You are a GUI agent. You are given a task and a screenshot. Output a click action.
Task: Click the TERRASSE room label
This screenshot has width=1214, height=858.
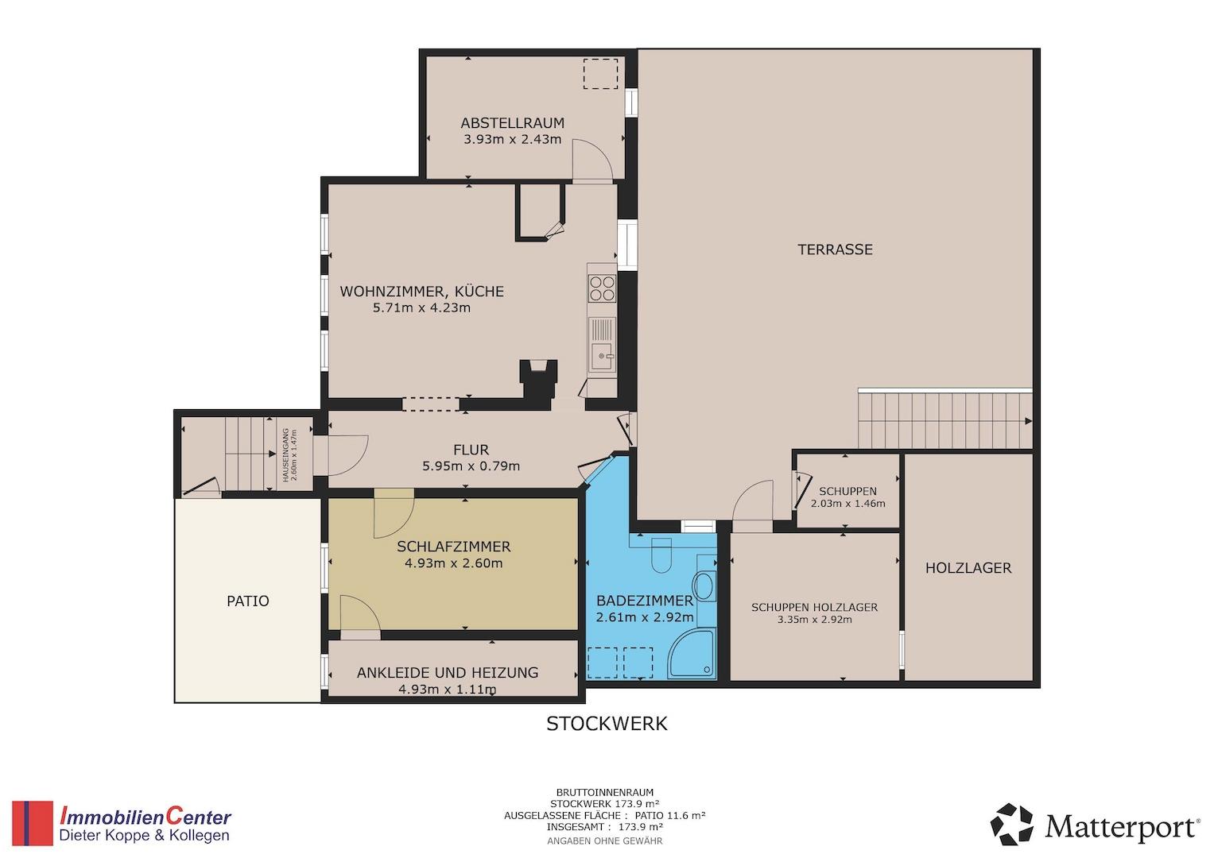835,249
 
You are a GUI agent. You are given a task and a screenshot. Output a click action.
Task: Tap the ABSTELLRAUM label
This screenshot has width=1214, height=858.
513,123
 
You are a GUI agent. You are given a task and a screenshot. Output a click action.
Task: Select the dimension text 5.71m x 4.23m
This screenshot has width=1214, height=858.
421,308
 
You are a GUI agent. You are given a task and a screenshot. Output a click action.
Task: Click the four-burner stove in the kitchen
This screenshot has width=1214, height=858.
602,288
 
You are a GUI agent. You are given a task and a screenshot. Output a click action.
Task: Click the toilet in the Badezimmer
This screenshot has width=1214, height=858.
661,555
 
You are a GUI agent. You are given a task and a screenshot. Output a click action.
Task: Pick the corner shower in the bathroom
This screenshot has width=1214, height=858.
692,654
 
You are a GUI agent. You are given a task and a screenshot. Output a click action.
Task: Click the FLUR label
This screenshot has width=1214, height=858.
471,450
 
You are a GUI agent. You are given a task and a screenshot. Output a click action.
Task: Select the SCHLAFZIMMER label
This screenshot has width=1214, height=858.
454,547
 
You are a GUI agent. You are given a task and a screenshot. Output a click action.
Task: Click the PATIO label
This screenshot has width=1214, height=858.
248,601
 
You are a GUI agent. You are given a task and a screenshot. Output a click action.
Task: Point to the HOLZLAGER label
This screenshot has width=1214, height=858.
968,568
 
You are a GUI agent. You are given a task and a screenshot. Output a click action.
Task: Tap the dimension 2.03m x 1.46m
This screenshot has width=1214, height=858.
847,504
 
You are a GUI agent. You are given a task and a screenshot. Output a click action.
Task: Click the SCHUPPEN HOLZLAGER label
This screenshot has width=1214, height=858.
815,608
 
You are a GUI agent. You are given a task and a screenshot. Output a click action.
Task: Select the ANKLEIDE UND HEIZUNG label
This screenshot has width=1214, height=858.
448,673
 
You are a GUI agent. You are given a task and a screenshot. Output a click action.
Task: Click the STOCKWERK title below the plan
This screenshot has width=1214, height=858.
607,725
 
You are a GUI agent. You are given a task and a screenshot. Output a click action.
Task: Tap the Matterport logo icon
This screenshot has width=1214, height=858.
1011,825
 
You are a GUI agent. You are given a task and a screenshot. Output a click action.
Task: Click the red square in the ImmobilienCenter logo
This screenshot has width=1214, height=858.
33,823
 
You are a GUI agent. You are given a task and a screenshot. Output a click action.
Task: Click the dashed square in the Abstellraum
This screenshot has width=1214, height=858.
600,74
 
